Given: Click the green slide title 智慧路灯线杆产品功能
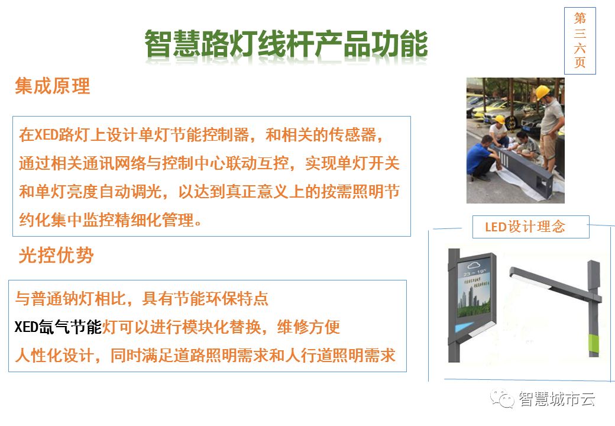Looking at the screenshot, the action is click(286, 44).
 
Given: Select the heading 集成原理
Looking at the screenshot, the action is click(53, 86).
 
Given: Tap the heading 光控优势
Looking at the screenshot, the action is click(56, 255).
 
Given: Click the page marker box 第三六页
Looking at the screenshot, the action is click(580, 41).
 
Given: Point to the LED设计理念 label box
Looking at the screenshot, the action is click(530, 227).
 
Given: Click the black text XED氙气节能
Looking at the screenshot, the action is click(58, 327).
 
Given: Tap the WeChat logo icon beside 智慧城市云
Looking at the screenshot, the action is click(502, 399).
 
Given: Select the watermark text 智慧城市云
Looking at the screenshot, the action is click(556, 399).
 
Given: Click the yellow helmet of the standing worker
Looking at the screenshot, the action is click(542, 92).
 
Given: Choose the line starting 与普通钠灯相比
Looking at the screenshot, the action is click(141, 299).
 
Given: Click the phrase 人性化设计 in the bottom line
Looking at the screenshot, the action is click(54, 356).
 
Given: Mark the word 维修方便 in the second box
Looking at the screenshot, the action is click(308, 327).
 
